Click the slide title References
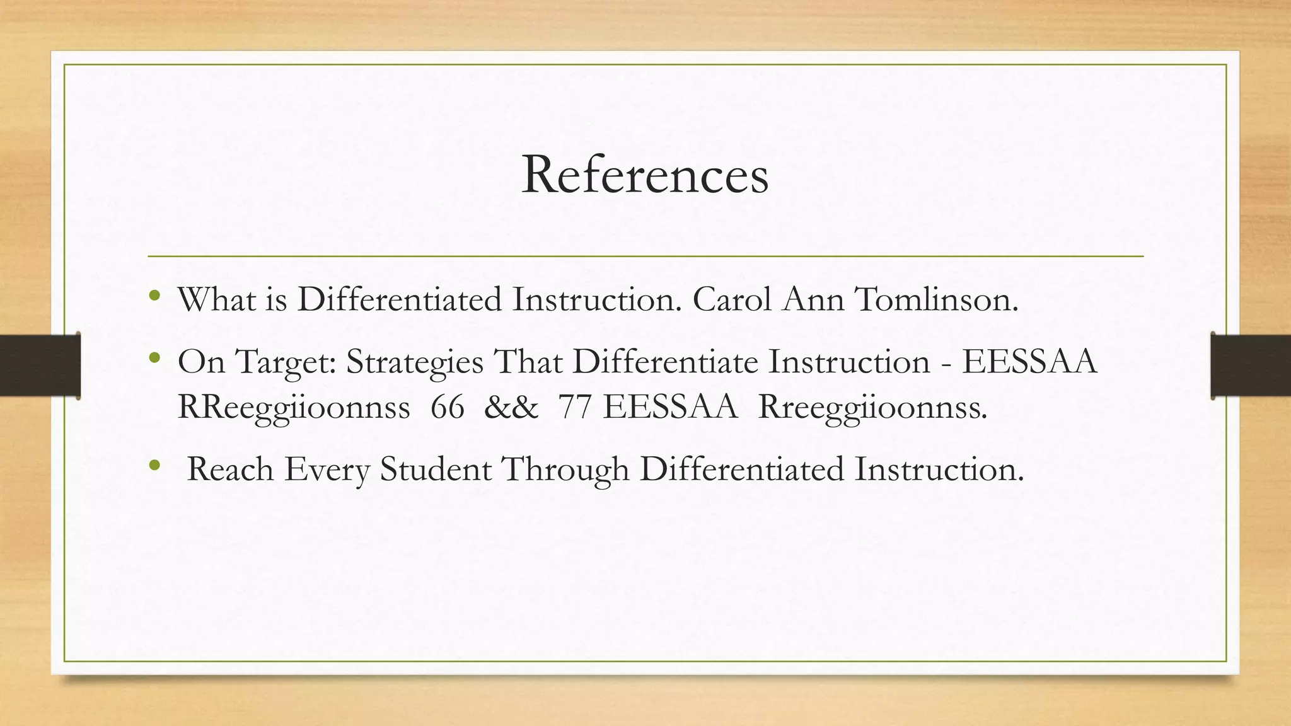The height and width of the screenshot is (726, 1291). pos(645,175)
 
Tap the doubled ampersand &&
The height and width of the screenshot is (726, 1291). pos(511,407)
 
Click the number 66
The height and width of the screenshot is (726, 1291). pos(448,407)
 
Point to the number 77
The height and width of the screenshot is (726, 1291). pos(574,407)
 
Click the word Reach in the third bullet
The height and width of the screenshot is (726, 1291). pos(230,470)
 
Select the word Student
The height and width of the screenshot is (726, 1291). pos(435,470)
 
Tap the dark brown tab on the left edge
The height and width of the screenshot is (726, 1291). pos(40,366)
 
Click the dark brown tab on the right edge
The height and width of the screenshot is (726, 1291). pos(1251,366)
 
